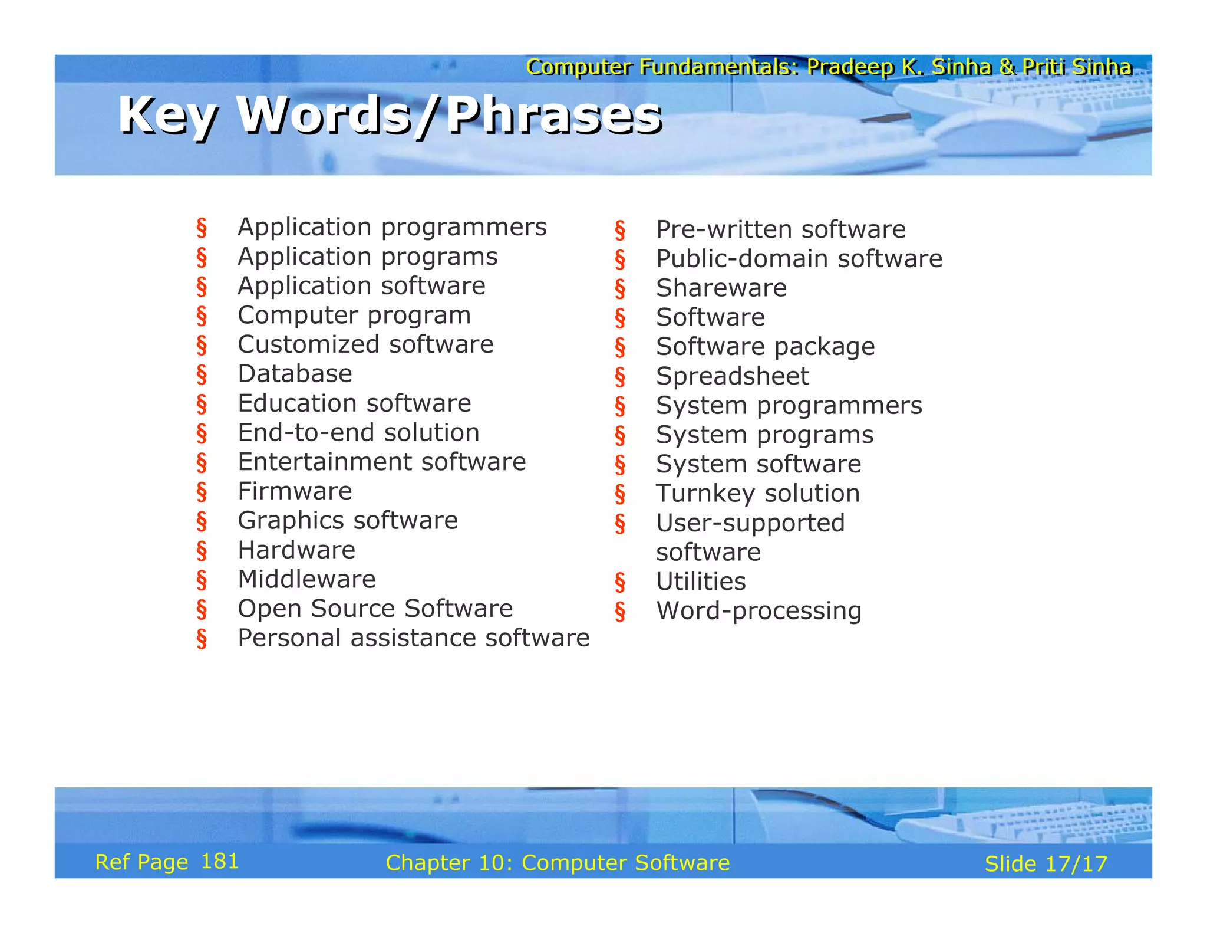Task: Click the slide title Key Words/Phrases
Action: tap(390, 115)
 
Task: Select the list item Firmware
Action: tap(295, 491)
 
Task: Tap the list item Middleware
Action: tap(306, 579)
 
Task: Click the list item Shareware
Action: tap(721, 288)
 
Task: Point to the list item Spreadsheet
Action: tap(733, 376)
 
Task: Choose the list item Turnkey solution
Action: tap(758, 494)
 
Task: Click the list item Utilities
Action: tap(701, 582)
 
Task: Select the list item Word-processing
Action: tap(759, 611)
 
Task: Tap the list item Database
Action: tap(295, 374)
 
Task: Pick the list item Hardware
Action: tap(296, 550)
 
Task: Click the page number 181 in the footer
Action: tap(219, 862)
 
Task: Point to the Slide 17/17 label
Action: tap(1046, 864)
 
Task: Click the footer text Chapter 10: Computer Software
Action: tap(558, 863)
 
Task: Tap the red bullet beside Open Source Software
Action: tap(202, 609)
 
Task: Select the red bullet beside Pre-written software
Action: tap(620, 230)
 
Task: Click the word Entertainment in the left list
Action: tap(323, 462)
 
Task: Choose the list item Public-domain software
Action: tap(799, 259)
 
